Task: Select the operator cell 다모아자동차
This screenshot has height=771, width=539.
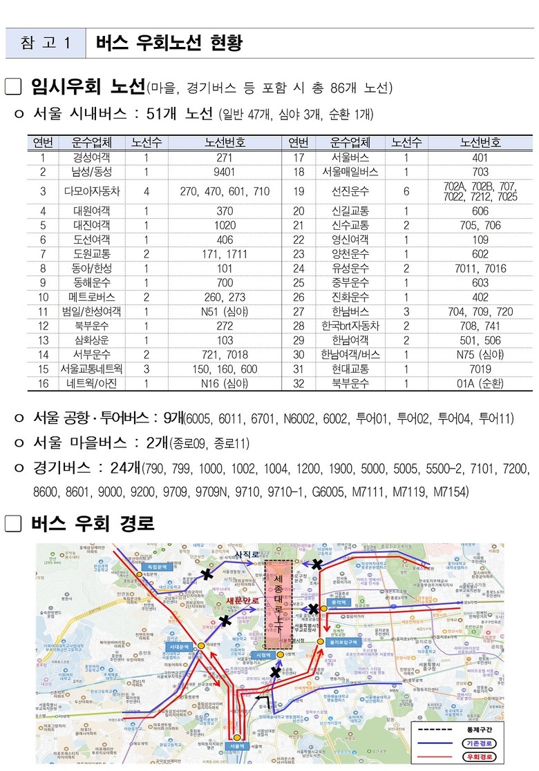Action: pyautogui.click(x=91, y=191)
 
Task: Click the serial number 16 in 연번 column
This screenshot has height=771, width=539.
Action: pyautogui.click(x=42, y=383)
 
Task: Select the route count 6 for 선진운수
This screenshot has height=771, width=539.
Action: pyautogui.click(x=406, y=191)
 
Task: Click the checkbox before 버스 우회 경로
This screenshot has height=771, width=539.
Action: pyautogui.click(x=15, y=524)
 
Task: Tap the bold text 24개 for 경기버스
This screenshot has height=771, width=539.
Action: pyautogui.click(x=124, y=468)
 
